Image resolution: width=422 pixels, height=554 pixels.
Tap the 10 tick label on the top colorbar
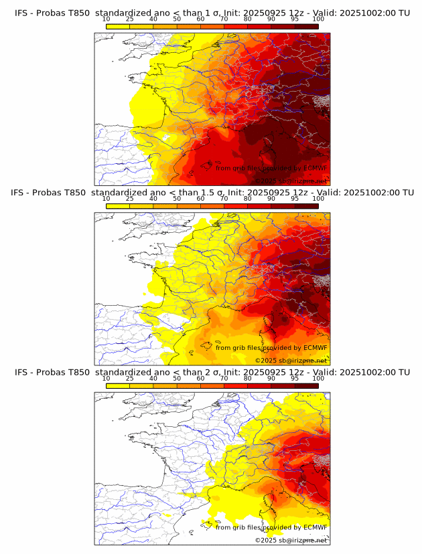107,19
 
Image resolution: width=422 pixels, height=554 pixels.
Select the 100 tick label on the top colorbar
318,19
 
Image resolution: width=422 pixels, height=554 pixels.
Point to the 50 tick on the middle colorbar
177,199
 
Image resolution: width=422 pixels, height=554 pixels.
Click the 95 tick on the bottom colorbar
295,378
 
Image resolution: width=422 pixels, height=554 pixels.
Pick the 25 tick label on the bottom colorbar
130,378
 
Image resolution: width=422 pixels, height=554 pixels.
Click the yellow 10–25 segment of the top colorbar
118,26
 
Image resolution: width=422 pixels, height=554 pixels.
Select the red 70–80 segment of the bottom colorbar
236,385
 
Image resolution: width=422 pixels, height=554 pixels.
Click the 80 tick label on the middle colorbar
248,199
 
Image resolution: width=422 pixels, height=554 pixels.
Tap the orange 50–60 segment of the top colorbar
189,26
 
